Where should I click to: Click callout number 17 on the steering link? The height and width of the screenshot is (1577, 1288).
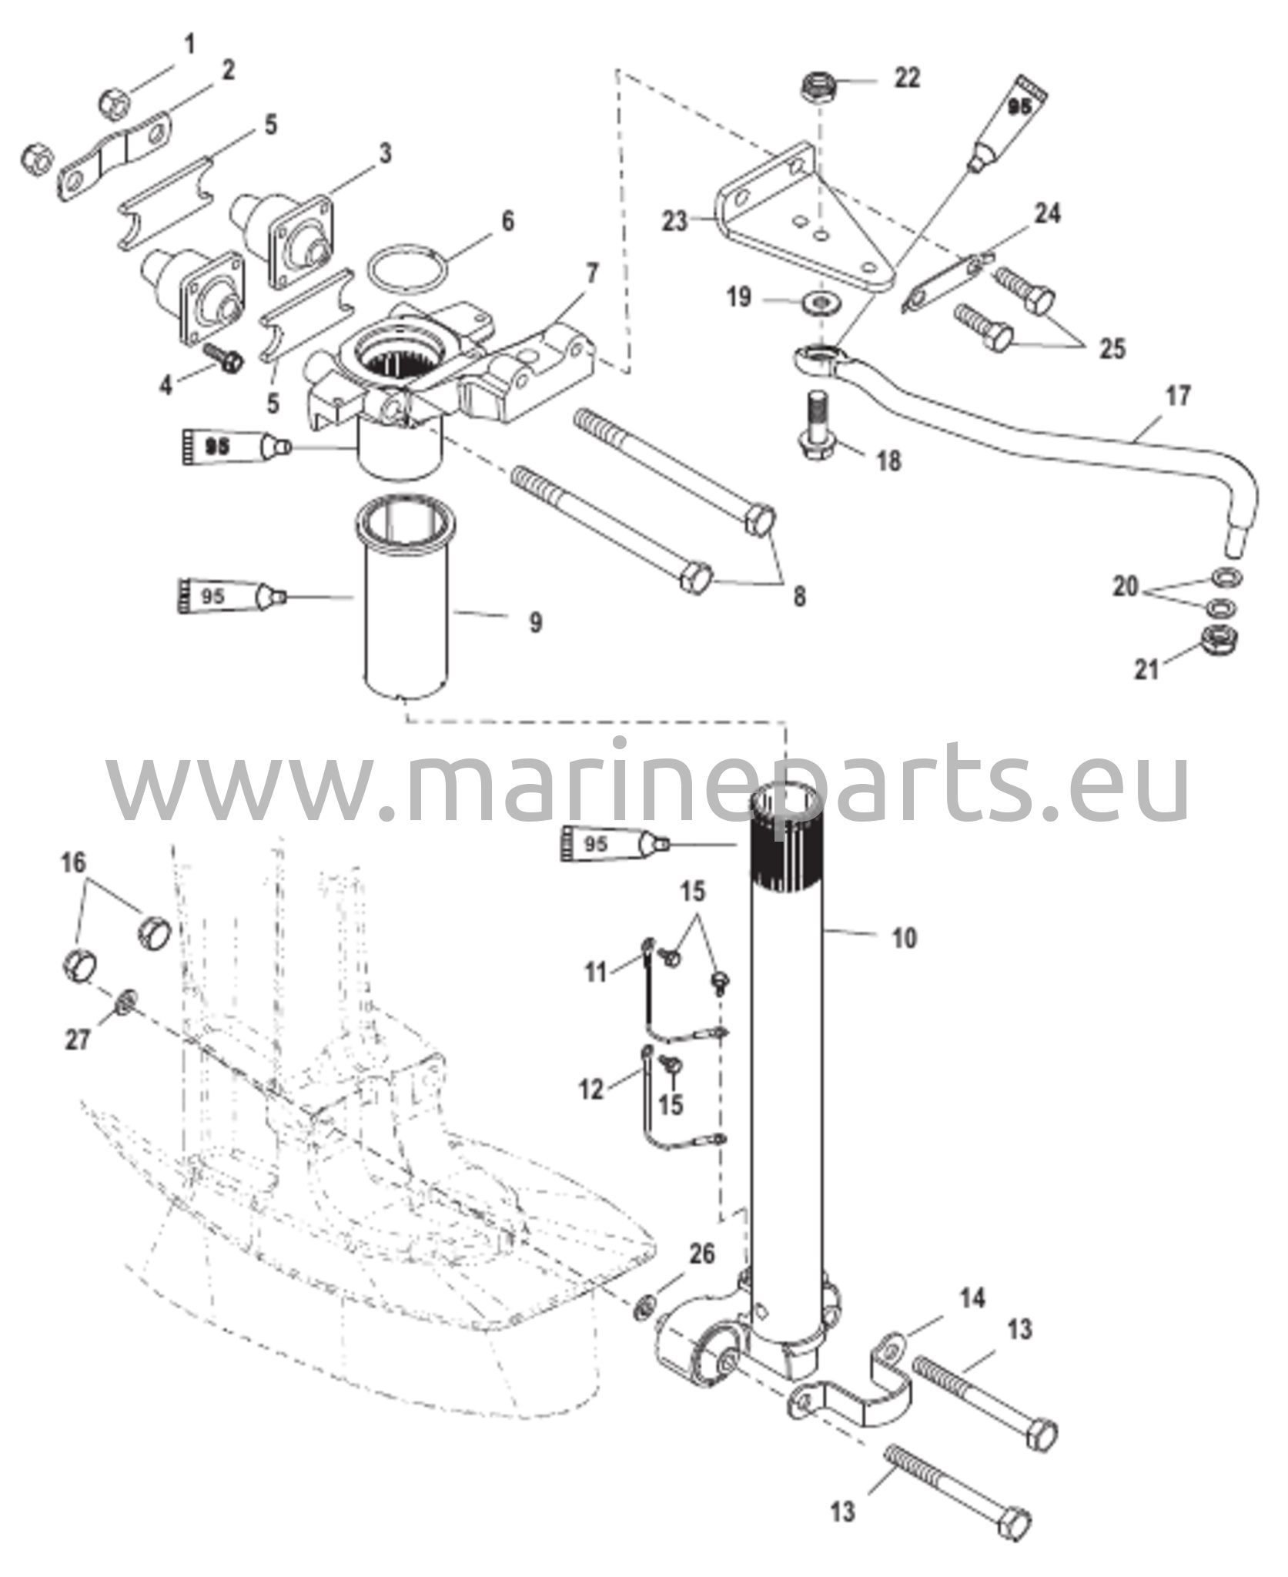[1177, 397]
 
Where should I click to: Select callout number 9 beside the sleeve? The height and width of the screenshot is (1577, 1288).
[535, 621]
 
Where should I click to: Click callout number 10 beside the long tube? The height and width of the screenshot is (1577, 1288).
[905, 938]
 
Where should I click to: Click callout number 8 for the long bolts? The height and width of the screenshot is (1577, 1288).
[799, 596]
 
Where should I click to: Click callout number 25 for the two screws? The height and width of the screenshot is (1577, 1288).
[1112, 348]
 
